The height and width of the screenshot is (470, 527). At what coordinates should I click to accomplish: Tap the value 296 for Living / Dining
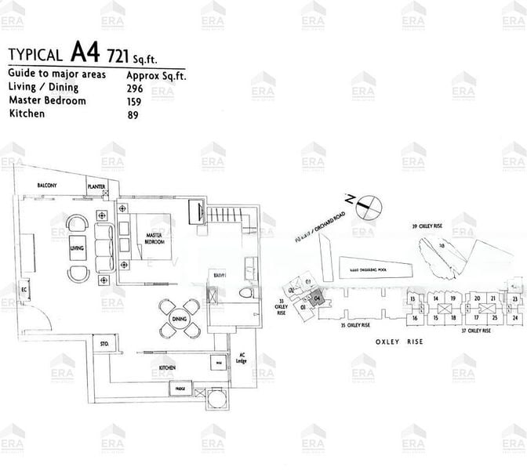[x=136, y=89]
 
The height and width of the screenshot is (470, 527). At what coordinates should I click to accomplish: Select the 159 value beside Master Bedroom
[x=135, y=101]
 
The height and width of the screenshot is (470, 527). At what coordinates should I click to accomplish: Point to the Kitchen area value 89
[x=133, y=114]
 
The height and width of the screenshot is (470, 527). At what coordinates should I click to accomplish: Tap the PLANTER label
[x=97, y=187]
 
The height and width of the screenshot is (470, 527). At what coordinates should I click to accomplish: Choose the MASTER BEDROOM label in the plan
[x=153, y=238]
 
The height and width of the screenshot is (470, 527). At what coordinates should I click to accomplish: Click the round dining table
[x=177, y=318]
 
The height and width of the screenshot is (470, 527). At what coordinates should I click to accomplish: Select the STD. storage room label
[x=104, y=344]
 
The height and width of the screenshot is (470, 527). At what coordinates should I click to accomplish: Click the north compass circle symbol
[x=369, y=207]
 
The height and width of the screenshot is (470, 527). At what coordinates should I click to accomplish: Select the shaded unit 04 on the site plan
[x=317, y=298]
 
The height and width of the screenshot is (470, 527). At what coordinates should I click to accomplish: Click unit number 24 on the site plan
[x=514, y=318]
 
